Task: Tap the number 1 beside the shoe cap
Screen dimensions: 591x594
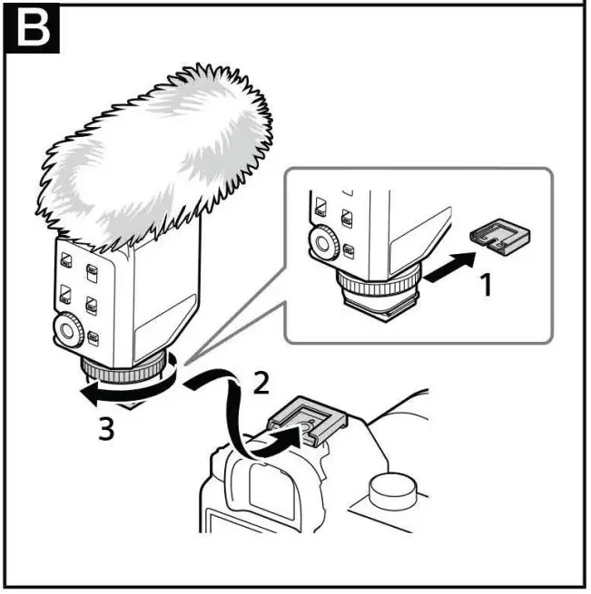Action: pyautogui.click(x=486, y=286)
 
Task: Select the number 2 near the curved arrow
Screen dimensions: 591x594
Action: pyautogui.click(x=261, y=383)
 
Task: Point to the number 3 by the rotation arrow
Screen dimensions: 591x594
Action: pyautogui.click(x=106, y=428)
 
